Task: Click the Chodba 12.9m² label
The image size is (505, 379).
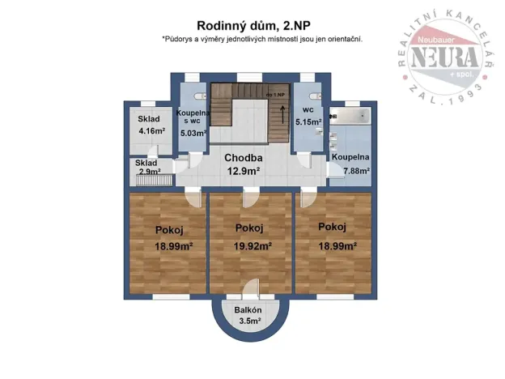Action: (x=243, y=164)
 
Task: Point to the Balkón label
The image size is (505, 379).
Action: (x=248, y=310)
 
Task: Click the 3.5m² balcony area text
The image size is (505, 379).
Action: (x=250, y=322)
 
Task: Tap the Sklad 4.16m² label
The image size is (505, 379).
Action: (x=150, y=124)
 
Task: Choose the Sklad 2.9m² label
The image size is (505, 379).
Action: (x=146, y=168)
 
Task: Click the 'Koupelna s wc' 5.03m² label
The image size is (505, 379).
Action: (x=193, y=123)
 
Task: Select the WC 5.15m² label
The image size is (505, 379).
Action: (x=308, y=116)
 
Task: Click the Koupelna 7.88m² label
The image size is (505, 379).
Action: (x=350, y=164)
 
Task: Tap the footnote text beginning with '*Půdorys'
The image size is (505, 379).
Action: (x=261, y=38)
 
